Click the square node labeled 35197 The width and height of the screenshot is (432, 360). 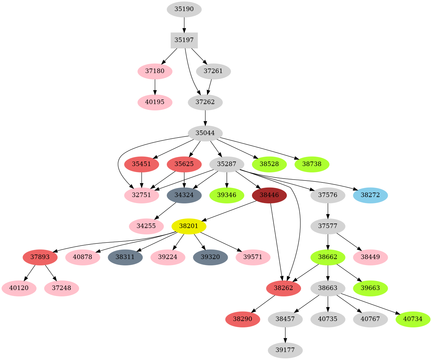[184, 40]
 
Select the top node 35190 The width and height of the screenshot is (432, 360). [184, 9]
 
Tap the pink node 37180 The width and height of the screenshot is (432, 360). [155, 71]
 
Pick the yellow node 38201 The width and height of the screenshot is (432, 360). [189, 226]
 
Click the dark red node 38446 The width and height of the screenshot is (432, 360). [269, 195]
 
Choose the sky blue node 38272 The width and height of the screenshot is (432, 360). [370, 195]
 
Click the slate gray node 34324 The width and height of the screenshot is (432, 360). [184, 195]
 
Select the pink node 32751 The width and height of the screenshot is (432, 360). [142, 195]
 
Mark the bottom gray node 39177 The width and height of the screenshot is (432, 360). [285, 350]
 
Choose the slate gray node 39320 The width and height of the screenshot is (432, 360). [210, 257]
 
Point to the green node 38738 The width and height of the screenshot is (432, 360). [312, 164]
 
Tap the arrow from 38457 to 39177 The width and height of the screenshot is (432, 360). [285, 335]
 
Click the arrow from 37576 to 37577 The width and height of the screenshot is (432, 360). [328, 211]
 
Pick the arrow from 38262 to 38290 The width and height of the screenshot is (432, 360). [263, 304]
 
